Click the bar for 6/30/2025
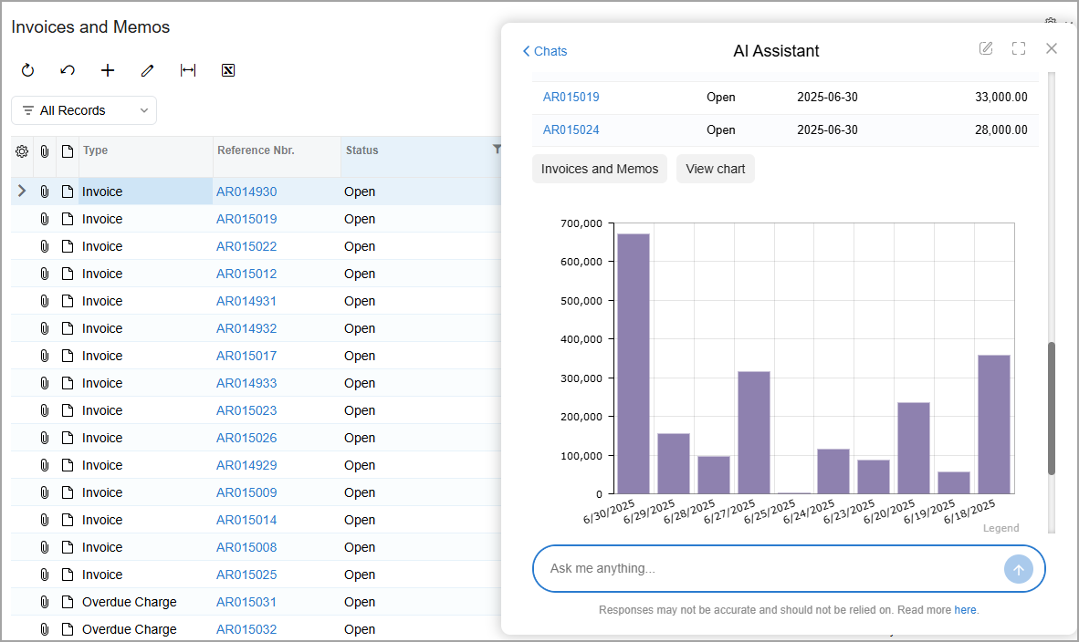634,364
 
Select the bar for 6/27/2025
753,432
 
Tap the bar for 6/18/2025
994,424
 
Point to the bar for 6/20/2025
914,448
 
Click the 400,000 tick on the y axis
581,339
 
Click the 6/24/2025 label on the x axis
809,513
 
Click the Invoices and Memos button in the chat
600,169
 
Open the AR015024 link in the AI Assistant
571,129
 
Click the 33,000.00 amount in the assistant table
1001,97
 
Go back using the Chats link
544,52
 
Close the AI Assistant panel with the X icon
1052,48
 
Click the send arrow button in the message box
1019,569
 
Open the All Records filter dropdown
84,110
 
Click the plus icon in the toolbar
108,70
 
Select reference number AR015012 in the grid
246,274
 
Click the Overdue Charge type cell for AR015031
130,602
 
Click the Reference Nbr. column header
256,150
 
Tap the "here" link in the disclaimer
965,610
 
